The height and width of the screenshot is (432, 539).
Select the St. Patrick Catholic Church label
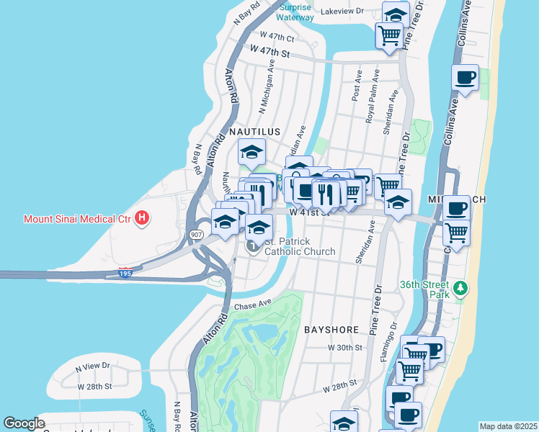300,246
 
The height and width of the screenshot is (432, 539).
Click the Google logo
24,423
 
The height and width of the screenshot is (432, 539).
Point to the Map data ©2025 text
508,426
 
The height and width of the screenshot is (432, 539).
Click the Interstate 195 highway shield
125,273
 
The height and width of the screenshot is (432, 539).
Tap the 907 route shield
197,234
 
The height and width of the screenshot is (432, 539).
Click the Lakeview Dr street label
343,12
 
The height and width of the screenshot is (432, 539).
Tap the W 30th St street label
344,347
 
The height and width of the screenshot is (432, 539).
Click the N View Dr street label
93,366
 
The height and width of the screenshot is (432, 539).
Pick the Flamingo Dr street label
391,340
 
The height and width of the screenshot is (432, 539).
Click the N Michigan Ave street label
265,91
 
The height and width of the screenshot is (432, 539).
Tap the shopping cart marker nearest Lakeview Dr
389,35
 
